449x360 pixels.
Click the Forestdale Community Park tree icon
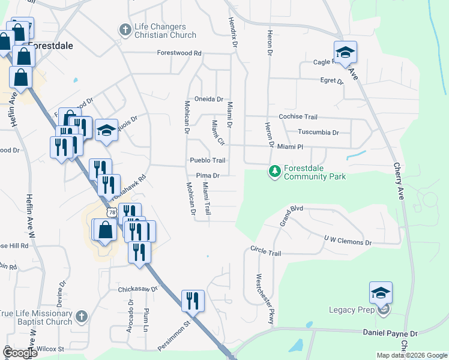(x=275, y=172)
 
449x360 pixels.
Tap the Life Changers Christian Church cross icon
(x=125, y=29)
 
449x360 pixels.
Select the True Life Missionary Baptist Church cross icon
(x=82, y=316)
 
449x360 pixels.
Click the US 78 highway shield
(x=110, y=213)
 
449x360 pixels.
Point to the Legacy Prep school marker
(x=381, y=294)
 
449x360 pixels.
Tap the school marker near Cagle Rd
(x=346, y=53)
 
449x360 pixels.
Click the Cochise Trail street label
(x=298, y=117)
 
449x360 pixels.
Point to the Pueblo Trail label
(x=207, y=160)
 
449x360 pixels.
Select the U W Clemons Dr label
(x=348, y=241)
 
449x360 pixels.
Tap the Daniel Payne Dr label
(x=390, y=332)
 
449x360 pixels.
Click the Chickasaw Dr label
(x=137, y=289)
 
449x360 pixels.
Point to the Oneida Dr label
(x=208, y=99)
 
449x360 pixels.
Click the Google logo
(x=20, y=353)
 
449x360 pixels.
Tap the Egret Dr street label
(x=331, y=80)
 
